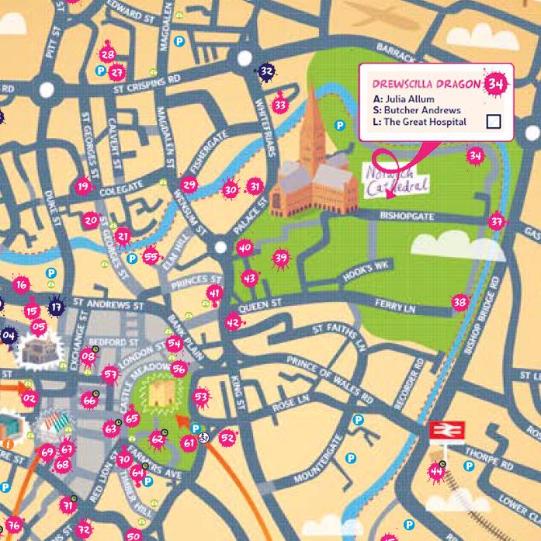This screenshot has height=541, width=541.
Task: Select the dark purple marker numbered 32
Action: coord(266,71)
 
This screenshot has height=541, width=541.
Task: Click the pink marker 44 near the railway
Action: coord(436,470)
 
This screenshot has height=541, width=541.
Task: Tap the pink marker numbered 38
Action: coord(460,301)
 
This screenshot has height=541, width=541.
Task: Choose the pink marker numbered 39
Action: coord(280,258)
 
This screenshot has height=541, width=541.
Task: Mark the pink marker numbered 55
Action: coord(151,256)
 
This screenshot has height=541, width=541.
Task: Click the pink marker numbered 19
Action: coord(83,186)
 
